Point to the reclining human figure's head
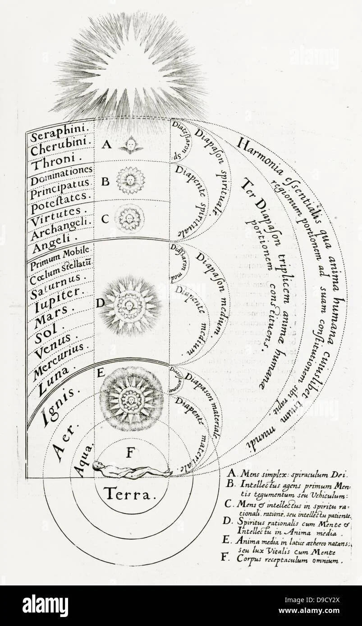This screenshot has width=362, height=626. click(x=97, y=467)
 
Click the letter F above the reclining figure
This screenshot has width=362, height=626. click(x=130, y=453)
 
